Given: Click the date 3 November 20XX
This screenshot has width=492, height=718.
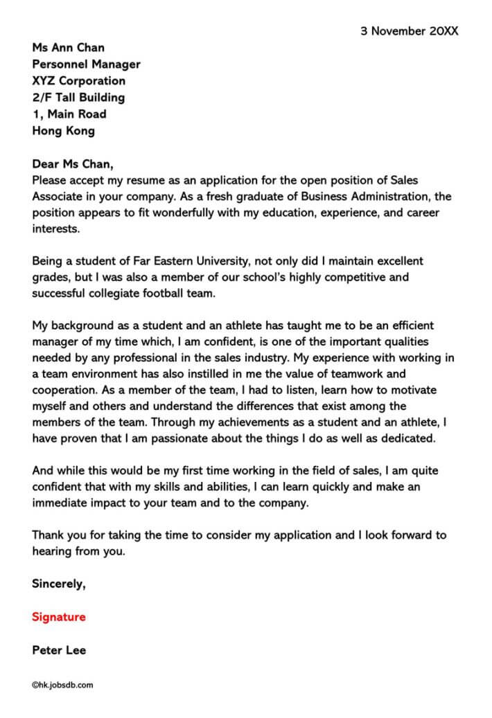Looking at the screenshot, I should coord(409,31).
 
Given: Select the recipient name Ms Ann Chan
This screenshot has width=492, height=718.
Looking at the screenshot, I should coord(68,48).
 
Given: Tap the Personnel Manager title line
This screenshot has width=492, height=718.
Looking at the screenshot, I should coord(86,64).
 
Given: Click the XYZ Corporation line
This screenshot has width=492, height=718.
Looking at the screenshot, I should coord(79,81).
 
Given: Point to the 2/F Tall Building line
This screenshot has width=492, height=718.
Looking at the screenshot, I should coord(78,98).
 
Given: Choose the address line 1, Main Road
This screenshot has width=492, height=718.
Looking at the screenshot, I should coord(69,114).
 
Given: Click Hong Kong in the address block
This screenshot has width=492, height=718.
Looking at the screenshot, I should coord(63,131).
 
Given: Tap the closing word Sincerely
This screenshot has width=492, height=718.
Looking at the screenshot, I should coord(59,584).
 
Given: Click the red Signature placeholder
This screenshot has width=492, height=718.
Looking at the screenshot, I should coord(59,617).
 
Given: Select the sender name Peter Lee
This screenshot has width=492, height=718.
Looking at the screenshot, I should coord(59,650).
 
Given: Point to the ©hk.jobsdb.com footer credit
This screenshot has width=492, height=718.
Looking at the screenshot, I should coord(62,685).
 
